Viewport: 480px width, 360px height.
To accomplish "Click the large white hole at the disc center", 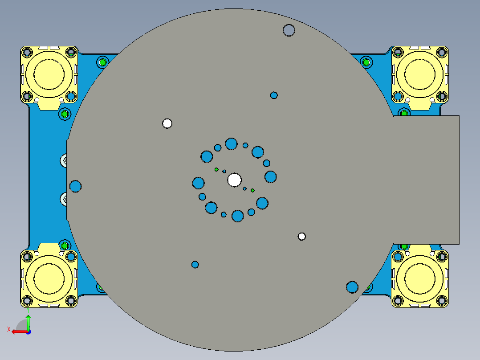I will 234,180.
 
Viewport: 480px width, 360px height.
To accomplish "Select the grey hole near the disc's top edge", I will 289,30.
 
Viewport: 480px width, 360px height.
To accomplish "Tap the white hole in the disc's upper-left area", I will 167,123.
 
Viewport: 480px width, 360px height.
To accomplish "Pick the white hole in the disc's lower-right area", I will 302,236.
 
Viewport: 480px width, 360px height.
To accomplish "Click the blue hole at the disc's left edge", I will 76,186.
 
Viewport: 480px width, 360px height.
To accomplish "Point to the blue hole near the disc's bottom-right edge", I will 352,287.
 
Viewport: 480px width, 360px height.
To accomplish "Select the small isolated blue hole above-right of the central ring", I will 274,95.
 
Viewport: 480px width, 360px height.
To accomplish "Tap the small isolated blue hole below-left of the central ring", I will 195,265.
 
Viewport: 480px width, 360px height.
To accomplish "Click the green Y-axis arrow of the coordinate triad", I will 28,322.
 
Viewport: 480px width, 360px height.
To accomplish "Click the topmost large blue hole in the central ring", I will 231,143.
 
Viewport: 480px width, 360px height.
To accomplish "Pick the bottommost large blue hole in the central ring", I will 238,216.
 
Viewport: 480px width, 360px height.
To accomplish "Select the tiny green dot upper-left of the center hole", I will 216,169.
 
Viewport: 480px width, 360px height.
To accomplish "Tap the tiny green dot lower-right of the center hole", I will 252,190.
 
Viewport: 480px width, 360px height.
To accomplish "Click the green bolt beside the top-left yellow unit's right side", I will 103,62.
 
